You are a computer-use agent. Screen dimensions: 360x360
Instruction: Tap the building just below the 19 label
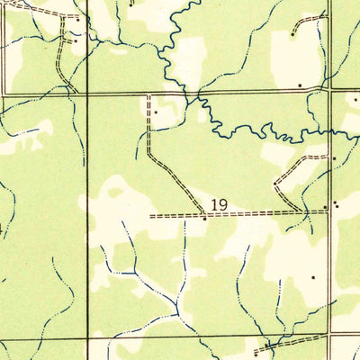(x=205, y=219)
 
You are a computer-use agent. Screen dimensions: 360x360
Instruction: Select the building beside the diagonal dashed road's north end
(x=156, y=112)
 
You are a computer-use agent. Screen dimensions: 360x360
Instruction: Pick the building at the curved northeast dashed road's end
(x=293, y=35)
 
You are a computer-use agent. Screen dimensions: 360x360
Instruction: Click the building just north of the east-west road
(x=301, y=84)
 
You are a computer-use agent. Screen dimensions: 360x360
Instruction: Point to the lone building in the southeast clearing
(x=312, y=278)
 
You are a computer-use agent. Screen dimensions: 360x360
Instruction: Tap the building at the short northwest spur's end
(x=74, y=40)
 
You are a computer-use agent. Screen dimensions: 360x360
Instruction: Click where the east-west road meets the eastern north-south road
(x=330, y=90)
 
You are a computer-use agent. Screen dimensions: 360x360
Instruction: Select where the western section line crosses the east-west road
(x=87, y=93)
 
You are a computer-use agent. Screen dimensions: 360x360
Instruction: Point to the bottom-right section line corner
(x=330, y=337)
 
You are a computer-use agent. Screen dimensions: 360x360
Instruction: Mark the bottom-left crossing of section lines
(x=87, y=338)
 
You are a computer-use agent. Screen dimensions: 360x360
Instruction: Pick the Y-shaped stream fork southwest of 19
(x=135, y=271)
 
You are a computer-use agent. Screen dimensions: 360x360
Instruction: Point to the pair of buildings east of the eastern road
(x=337, y=205)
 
